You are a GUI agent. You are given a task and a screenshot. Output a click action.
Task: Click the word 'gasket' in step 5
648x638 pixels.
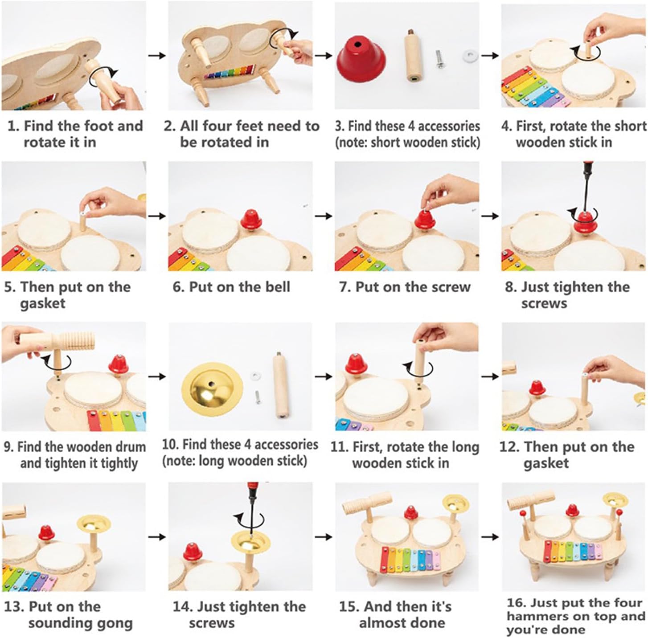43,303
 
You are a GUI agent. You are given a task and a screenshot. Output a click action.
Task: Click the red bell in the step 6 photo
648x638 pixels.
251,220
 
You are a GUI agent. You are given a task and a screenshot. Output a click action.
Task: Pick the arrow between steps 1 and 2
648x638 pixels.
157,56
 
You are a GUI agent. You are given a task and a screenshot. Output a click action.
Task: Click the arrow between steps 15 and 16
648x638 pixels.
490,537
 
